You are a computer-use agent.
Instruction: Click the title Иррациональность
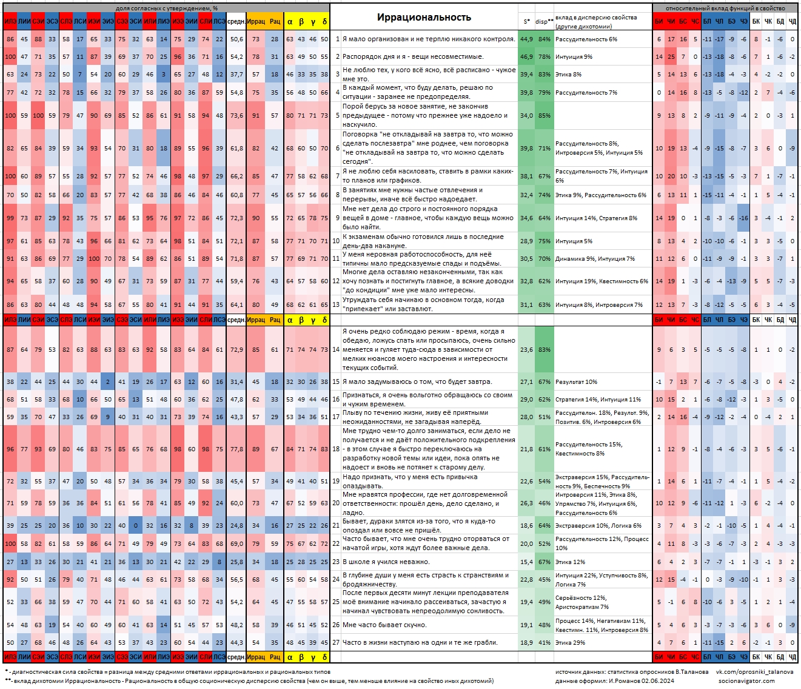424,17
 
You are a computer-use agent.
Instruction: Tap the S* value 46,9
526,56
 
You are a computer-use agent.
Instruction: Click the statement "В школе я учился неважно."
386,562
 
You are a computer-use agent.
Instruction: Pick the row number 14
335,349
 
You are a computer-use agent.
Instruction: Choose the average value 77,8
236,449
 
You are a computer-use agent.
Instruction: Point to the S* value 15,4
526,562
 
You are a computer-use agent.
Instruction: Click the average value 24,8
236,526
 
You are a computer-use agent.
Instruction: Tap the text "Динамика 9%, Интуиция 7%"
595,258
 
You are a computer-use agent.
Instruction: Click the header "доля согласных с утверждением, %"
166,8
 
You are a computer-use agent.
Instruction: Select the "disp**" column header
544,22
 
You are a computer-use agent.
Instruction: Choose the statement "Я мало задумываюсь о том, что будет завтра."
417,382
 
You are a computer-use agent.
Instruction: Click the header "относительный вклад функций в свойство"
725,8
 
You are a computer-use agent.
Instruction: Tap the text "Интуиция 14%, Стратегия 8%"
596,218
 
